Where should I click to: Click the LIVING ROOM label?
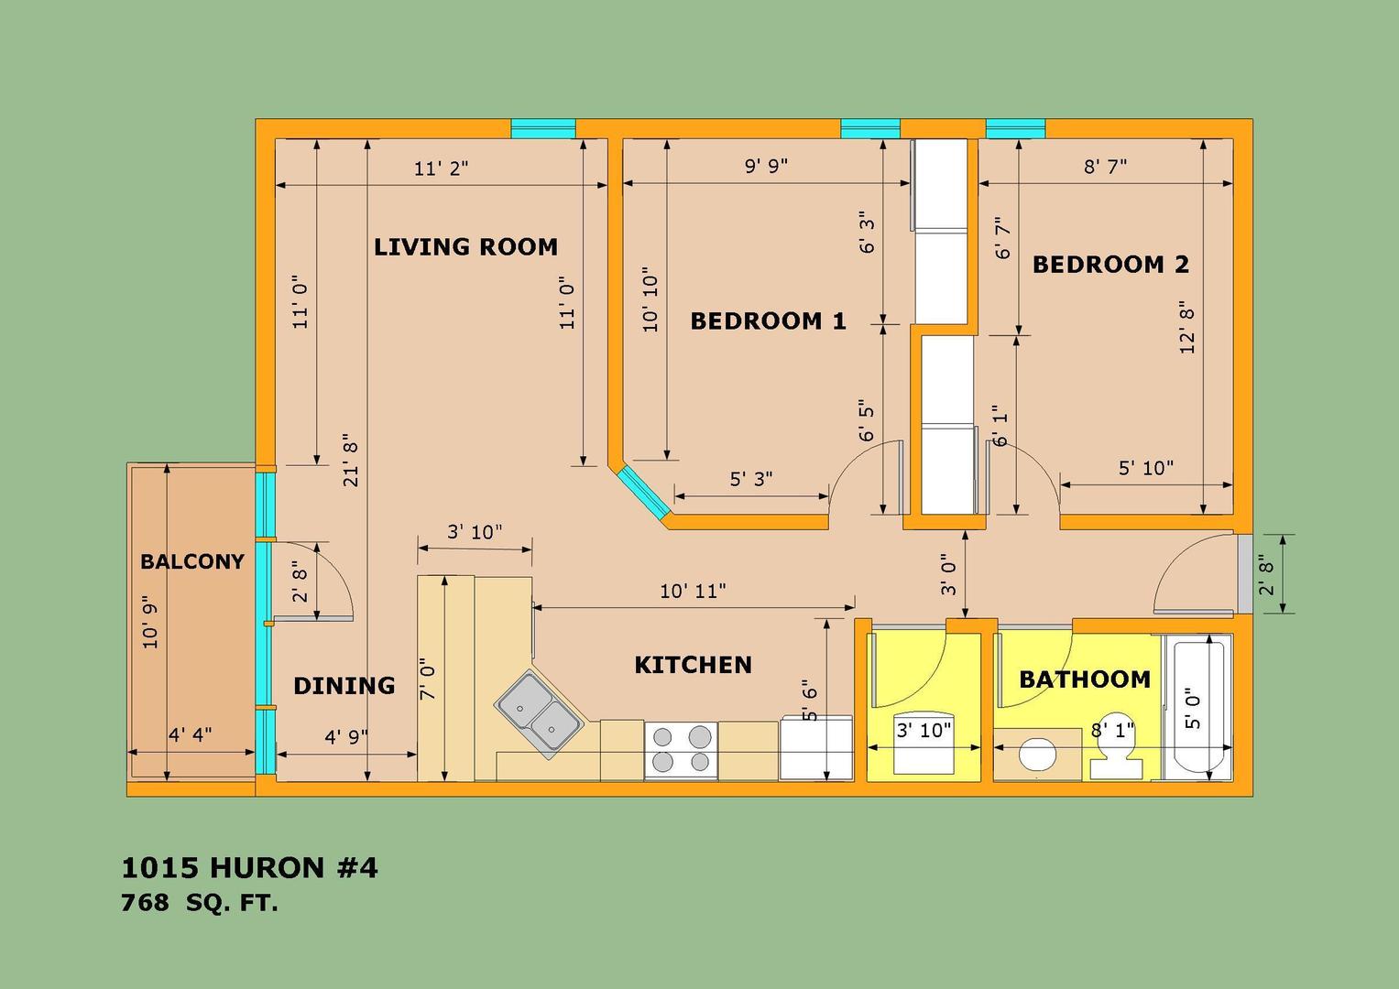[x=465, y=247]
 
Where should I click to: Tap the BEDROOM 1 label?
[x=768, y=321]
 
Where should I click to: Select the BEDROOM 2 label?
[x=1110, y=265]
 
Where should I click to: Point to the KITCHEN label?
[x=694, y=665]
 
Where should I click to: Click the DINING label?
[x=344, y=686]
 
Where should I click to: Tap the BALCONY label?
[x=192, y=562]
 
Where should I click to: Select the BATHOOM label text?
[x=1085, y=679]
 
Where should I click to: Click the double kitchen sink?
[x=539, y=714]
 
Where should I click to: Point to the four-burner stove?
[x=681, y=751]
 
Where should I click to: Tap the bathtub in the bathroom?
[x=1197, y=707]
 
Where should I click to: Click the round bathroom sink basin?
[x=1037, y=754]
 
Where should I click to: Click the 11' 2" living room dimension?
[x=441, y=168]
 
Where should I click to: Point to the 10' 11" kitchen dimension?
[x=694, y=591]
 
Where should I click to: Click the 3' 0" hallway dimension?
[x=948, y=574]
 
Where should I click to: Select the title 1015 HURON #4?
[x=249, y=868]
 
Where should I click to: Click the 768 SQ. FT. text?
[x=199, y=903]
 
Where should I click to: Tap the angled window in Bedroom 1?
[x=643, y=493]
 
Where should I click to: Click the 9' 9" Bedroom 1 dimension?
[x=766, y=166]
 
